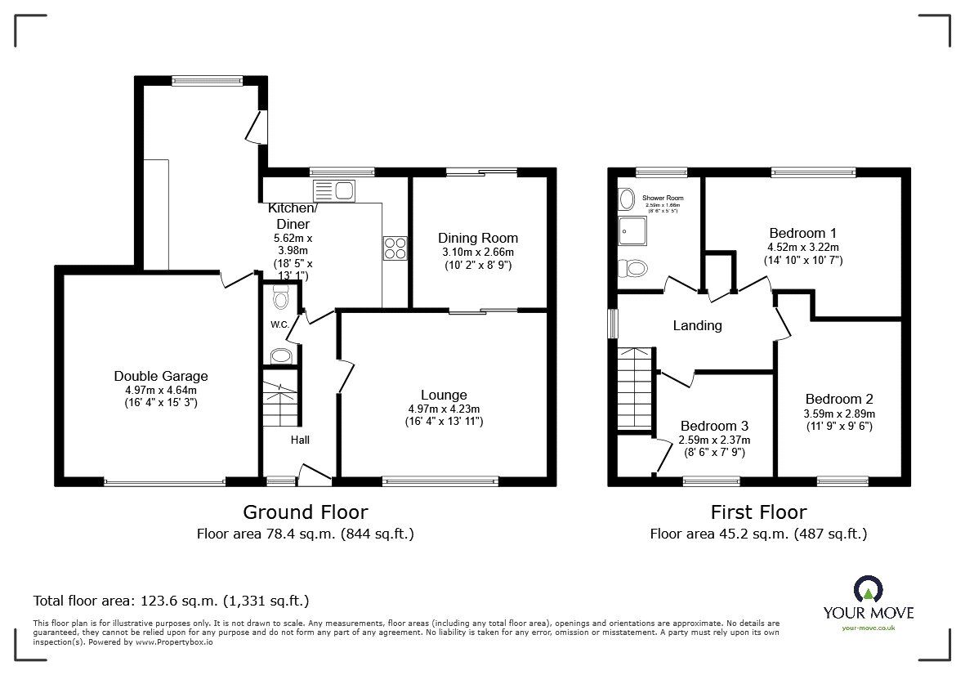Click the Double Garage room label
161,376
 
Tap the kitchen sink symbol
333,191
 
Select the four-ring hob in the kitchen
395,248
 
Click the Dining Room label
478,238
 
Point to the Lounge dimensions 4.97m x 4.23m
444,409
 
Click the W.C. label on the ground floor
279,325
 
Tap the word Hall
301,440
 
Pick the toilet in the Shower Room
632,268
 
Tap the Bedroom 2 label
839,399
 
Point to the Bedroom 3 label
713,426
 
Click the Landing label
697,325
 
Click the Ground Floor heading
305,512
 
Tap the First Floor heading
758,512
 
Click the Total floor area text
171,601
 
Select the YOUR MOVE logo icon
869,590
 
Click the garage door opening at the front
164,482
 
